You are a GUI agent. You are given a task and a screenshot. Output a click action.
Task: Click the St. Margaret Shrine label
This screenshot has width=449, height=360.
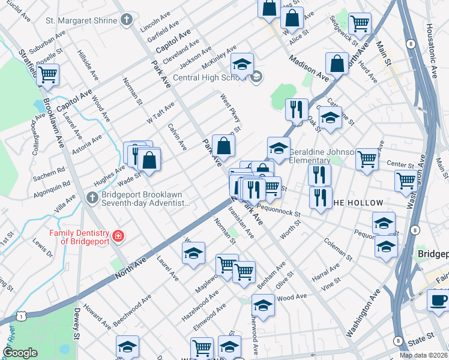(x=81, y=20)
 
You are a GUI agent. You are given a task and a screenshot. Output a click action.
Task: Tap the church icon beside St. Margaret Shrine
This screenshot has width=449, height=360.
(x=125, y=20)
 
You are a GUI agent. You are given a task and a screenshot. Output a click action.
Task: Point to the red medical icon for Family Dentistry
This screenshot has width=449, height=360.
(x=118, y=236)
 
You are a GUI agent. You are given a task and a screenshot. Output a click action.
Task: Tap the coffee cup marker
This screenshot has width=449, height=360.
(x=438, y=300)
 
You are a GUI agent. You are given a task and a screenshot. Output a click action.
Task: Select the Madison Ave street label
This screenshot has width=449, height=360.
(x=309, y=68)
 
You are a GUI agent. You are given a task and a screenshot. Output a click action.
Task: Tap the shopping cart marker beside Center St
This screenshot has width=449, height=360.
(x=367, y=160)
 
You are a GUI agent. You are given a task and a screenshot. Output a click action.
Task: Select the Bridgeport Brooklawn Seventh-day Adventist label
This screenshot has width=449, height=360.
(x=145, y=200)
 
